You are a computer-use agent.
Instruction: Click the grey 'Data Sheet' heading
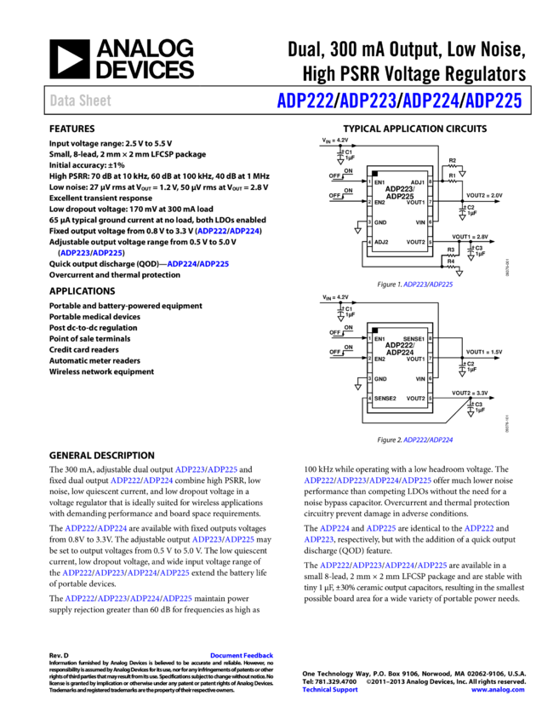80,101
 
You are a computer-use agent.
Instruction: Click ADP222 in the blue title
305,101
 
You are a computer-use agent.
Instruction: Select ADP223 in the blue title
368,101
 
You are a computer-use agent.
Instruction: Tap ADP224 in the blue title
431,101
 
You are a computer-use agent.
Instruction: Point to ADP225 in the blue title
493,101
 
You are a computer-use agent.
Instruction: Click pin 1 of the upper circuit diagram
369,181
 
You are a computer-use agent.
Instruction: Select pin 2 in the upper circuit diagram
369,201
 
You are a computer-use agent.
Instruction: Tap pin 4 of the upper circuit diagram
369,242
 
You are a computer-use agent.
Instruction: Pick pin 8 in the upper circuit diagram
430,181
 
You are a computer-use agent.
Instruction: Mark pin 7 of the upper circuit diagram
430,201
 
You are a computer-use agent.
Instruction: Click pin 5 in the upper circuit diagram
430,242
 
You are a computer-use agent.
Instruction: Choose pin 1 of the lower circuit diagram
369,338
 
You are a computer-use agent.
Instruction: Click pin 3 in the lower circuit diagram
369,378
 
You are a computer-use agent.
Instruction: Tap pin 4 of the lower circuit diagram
369,398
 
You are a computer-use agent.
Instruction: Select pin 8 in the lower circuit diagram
430,338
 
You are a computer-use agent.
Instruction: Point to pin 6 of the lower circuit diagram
430,378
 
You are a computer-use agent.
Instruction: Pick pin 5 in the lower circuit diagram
430,398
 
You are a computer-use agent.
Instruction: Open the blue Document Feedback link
242,656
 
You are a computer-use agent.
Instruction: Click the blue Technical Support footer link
329,690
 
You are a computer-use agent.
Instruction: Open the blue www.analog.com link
497,690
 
